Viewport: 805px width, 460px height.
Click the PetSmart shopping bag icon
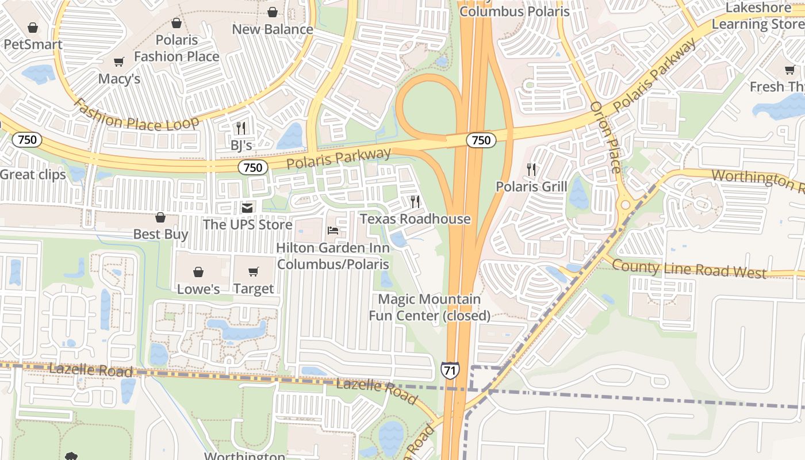point(33,28)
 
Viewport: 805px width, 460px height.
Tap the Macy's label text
point(119,78)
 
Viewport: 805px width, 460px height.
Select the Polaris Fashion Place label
point(177,48)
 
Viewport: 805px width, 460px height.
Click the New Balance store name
point(273,29)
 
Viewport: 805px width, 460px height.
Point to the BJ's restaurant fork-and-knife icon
point(241,128)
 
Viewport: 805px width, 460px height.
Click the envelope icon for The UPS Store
point(247,208)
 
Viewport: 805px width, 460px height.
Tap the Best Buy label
point(160,234)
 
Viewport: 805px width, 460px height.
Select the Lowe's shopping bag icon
point(198,272)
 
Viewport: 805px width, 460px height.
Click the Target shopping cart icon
point(254,272)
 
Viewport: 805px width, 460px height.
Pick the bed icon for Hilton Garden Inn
point(333,231)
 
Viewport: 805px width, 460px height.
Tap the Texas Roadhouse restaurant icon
point(415,202)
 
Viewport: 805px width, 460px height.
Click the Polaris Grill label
point(531,187)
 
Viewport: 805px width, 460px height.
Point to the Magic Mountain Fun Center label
point(430,307)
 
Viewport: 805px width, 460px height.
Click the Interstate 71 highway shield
point(450,370)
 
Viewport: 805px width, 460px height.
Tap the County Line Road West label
point(689,269)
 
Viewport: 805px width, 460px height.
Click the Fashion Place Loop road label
point(136,115)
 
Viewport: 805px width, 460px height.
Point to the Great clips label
point(33,175)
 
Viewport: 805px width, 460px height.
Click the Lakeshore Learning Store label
point(758,16)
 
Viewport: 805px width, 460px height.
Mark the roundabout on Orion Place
point(625,205)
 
